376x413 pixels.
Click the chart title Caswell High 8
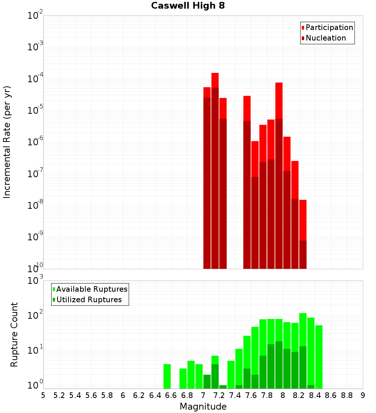[x=188, y=6]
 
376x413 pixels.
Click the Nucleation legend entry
[x=326, y=38]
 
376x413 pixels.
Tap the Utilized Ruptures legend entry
[x=89, y=300]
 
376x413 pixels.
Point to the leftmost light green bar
[x=167, y=375]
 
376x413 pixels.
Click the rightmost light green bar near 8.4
[x=319, y=357]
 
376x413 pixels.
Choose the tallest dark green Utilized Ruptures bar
[x=279, y=364]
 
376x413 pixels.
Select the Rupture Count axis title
[x=14, y=334]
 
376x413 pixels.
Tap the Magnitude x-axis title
[x=203, y=407]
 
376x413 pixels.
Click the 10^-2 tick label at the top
[x=35, y=16]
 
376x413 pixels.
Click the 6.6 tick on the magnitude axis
[x=171, y=395]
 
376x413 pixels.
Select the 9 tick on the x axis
[x=363, y=395]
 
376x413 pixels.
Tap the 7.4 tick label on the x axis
[x=235, y=395]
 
